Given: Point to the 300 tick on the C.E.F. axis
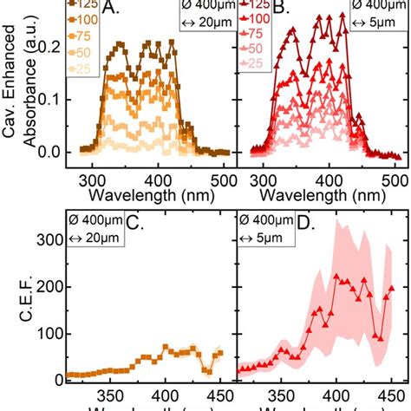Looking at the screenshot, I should click(49, 238).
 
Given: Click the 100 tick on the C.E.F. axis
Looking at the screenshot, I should click(49, 333).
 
